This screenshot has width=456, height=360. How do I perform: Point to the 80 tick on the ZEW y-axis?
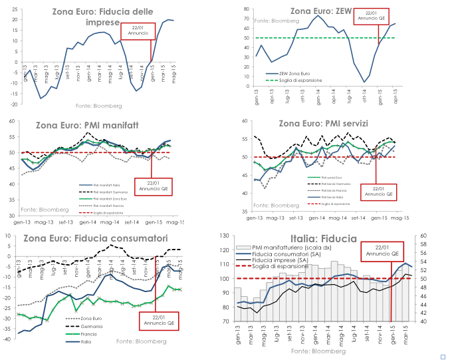point(246,9)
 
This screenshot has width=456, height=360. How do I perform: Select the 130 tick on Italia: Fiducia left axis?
point(225,236)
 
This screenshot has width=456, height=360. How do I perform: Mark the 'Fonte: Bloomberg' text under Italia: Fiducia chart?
point(319,351)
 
